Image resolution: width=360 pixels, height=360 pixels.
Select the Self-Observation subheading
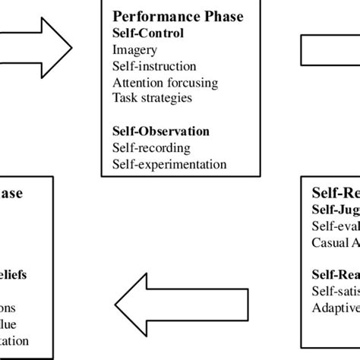(x=161, y=131)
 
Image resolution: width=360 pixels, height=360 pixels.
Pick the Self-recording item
(x=151, y=147)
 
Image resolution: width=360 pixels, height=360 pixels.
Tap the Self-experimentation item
(x=169, y=163)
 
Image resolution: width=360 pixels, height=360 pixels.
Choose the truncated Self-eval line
(x=335, y=226)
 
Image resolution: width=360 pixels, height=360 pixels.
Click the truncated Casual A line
(x=335, y=242)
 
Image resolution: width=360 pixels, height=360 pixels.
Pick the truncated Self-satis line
(x=335, y=291)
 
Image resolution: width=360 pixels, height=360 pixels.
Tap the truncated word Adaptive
(x=335, y=308)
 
